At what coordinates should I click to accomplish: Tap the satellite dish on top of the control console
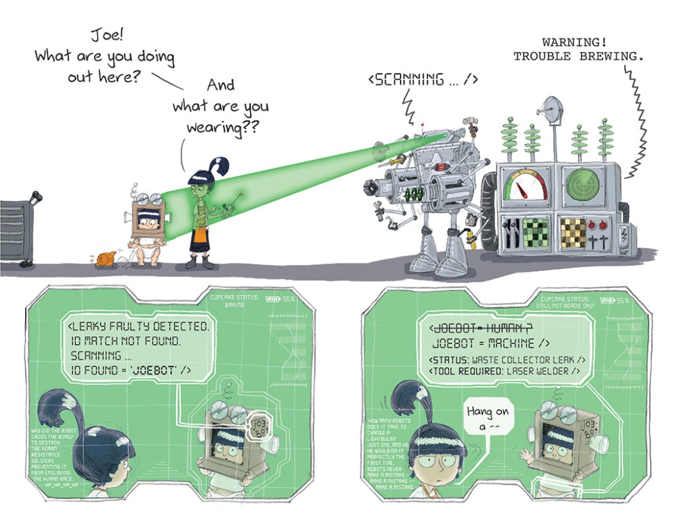[550, 110]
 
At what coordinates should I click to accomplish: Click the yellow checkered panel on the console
[573, 232]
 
